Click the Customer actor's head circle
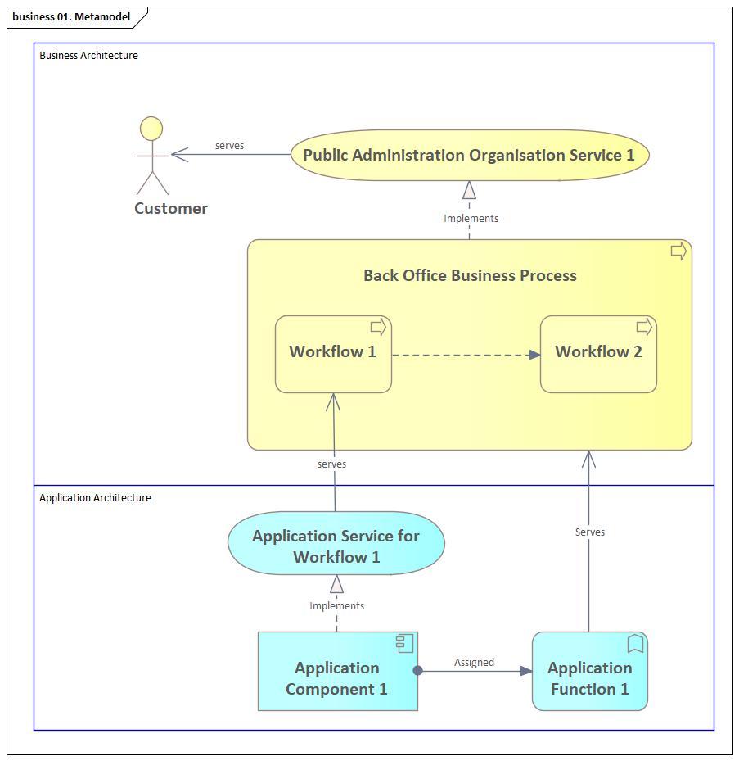click(x=151, y=129)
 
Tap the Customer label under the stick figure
click(x=171, y=208)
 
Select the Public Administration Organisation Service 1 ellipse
click(x=469, y=155)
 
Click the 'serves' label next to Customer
click(x=229, y=146)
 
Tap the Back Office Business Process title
click(x=470, y=275)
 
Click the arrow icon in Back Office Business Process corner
click(x=678, y=251)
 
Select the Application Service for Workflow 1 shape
click(x=336, y=546)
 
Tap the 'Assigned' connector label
click(x=474, y=662)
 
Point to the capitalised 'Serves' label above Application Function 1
click(x=589, y=532)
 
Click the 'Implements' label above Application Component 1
click(x=336, y=606)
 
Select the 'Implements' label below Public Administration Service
click(x=471, y=219)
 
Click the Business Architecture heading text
click(x=88, y=56)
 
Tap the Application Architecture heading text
click(x=95, y=498)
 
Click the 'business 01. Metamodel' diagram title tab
click(x=71, y=16)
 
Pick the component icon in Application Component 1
click(x=404, y=643)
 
